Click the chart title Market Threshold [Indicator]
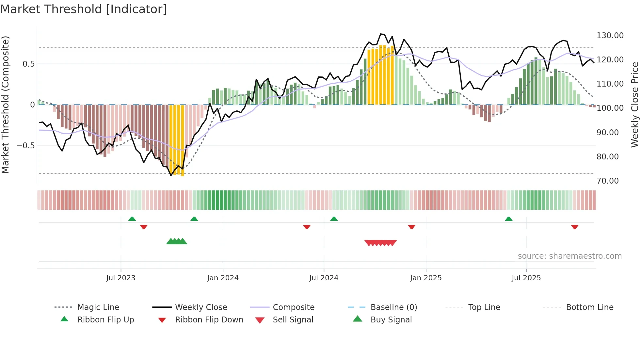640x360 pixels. (x=84, y=9)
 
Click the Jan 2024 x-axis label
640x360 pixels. (x=223, y=278)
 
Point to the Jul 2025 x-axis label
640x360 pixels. (x=526, y=278)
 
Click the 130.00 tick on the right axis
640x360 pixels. (x=610, y=35)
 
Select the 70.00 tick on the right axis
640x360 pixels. (x=607, y=181)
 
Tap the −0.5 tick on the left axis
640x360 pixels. (x=25, y=145)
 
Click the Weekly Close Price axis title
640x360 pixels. (x=634, y=105)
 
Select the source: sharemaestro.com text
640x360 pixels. (x=569, y=256)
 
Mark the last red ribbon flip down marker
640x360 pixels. (x=575, y=227)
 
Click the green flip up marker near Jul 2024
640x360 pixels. (x=334, y=219)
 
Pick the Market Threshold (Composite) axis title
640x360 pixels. (x=5, y=105)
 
